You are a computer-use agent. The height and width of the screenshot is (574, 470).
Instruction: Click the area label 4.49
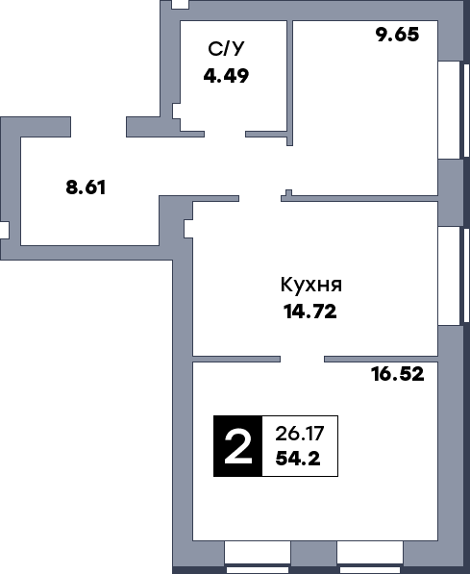click(226, 75)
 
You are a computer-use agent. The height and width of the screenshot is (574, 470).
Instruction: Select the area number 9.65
click(397, 37)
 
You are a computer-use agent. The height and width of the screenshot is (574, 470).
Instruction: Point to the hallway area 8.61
click(85, 187)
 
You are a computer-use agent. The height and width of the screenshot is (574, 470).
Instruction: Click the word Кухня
click(311, 285)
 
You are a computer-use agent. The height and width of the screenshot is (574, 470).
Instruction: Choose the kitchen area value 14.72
click(309, 311)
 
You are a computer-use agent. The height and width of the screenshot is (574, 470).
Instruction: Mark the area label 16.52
click(397, 374)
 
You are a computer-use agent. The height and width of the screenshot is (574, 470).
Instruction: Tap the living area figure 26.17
click(298, 433)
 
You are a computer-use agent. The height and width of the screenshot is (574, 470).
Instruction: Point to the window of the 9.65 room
click(449, 110)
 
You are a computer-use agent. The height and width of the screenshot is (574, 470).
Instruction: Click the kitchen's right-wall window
click(449, 276)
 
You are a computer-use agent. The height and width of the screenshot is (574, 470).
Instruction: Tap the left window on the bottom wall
click(258, 553)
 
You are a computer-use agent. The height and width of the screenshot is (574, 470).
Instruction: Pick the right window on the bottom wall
click(369, 553)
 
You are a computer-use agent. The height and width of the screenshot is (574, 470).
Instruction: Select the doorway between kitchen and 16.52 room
click(303, 359)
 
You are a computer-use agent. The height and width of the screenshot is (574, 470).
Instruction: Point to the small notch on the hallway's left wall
click(5, 232)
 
